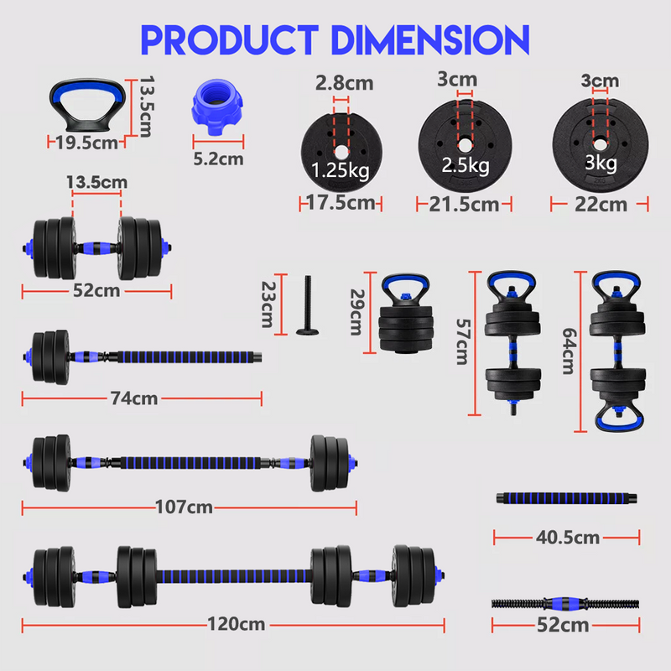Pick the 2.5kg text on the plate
tap(466, 165)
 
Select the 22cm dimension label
tap(601, 204)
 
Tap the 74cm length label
tap(134, 398)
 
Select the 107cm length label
tap(184, 507)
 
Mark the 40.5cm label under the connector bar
tap(569, 537)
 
